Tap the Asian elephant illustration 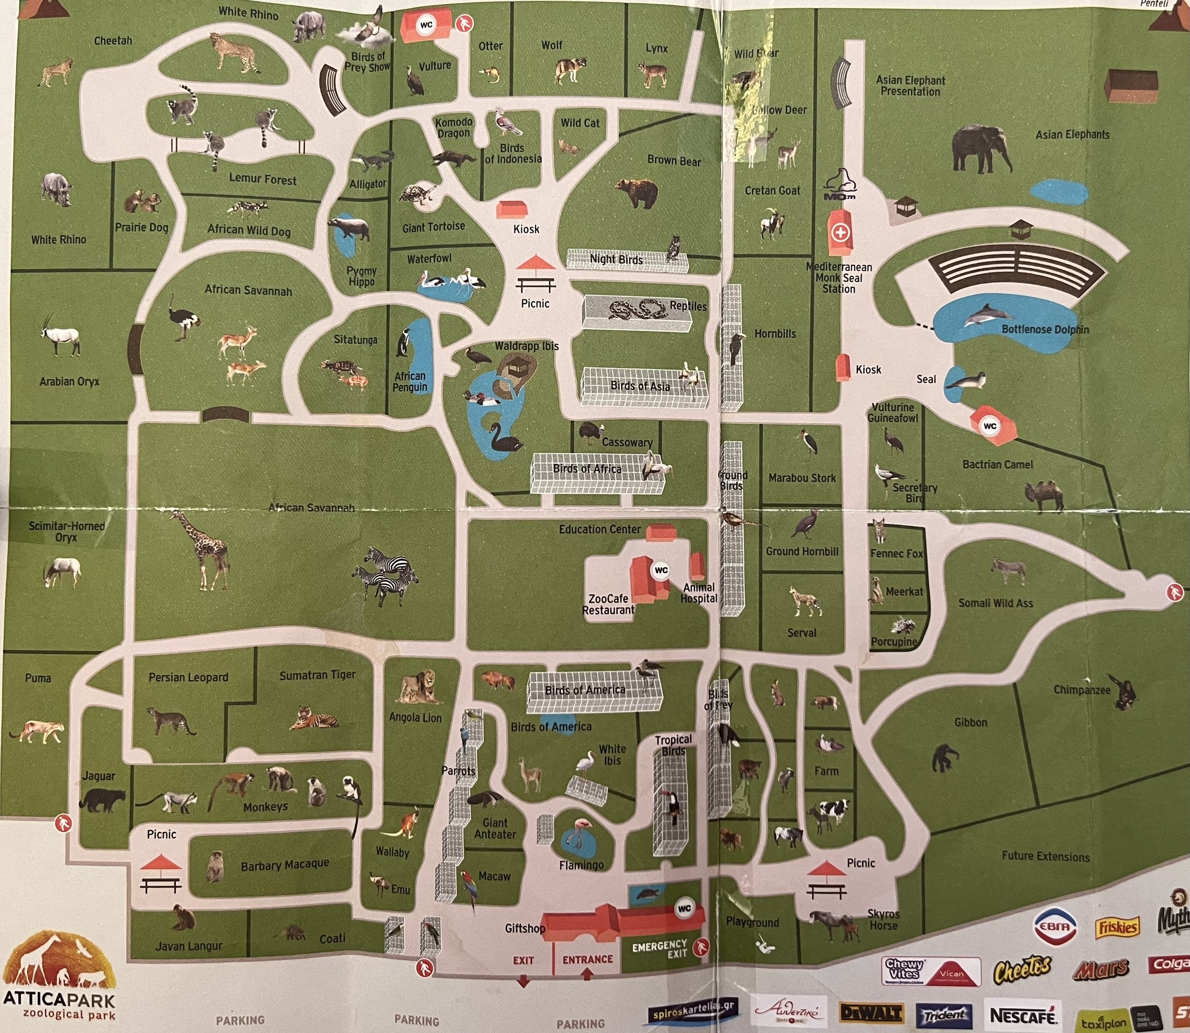[x=981, y=149]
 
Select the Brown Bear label [x=673, y=161]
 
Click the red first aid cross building [x=841, y=232]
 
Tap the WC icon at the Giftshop [x=684, y=909]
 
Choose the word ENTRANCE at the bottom [x=587, y=959]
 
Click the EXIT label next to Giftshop [x=524, y=960]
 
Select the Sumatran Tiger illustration [x=314, y=718]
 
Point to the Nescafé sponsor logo [x=1022, y=1015]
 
